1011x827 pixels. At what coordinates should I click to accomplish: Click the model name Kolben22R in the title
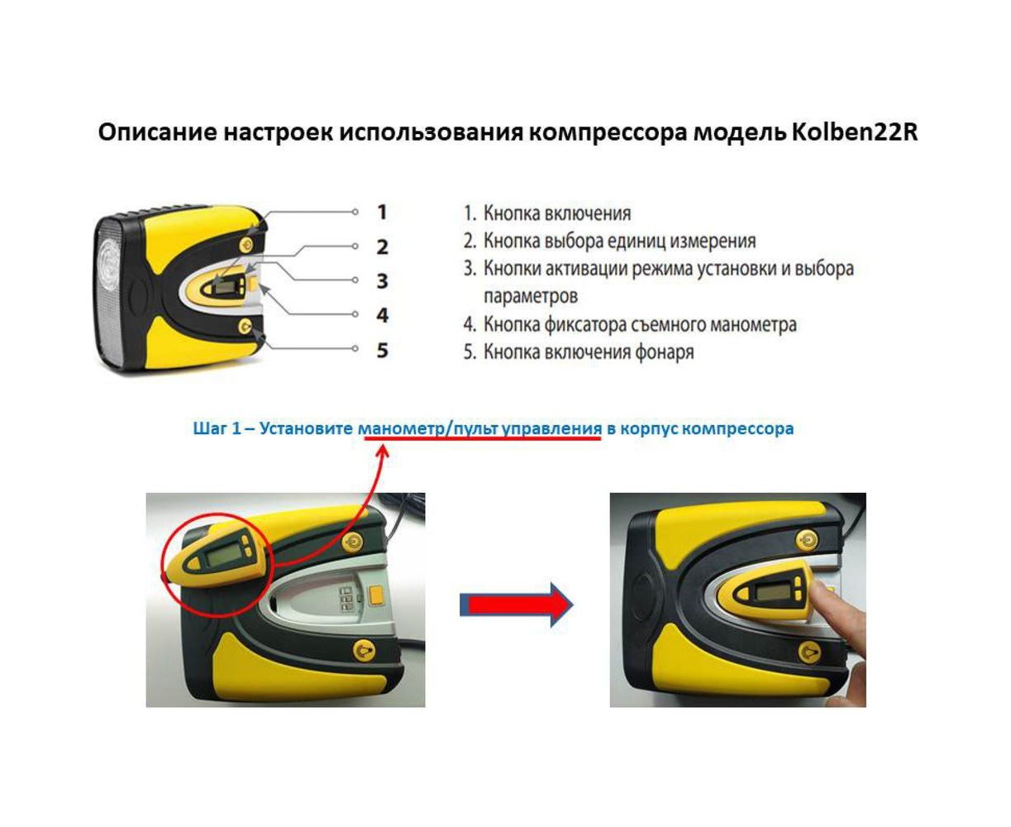[854, 132]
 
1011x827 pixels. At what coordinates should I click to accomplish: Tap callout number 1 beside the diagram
[382, 212]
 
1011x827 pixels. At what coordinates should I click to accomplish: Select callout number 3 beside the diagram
[382, 281]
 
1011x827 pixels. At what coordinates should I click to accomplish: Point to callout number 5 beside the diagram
[382, 350]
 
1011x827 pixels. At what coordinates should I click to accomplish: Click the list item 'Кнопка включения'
[556, 213]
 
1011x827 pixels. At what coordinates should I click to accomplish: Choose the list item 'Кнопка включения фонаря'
[589, 352]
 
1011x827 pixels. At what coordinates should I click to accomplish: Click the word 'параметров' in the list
[530, 296]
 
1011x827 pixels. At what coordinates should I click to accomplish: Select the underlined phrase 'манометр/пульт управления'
[479, 428]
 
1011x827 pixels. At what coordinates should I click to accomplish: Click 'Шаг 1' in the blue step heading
[217, 428]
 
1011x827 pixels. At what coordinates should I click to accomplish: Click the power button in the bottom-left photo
[352, 542]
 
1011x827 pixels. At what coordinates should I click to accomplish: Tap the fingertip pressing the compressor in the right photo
[823, 594]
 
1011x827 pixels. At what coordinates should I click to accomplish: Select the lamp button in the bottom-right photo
[808, 652]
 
